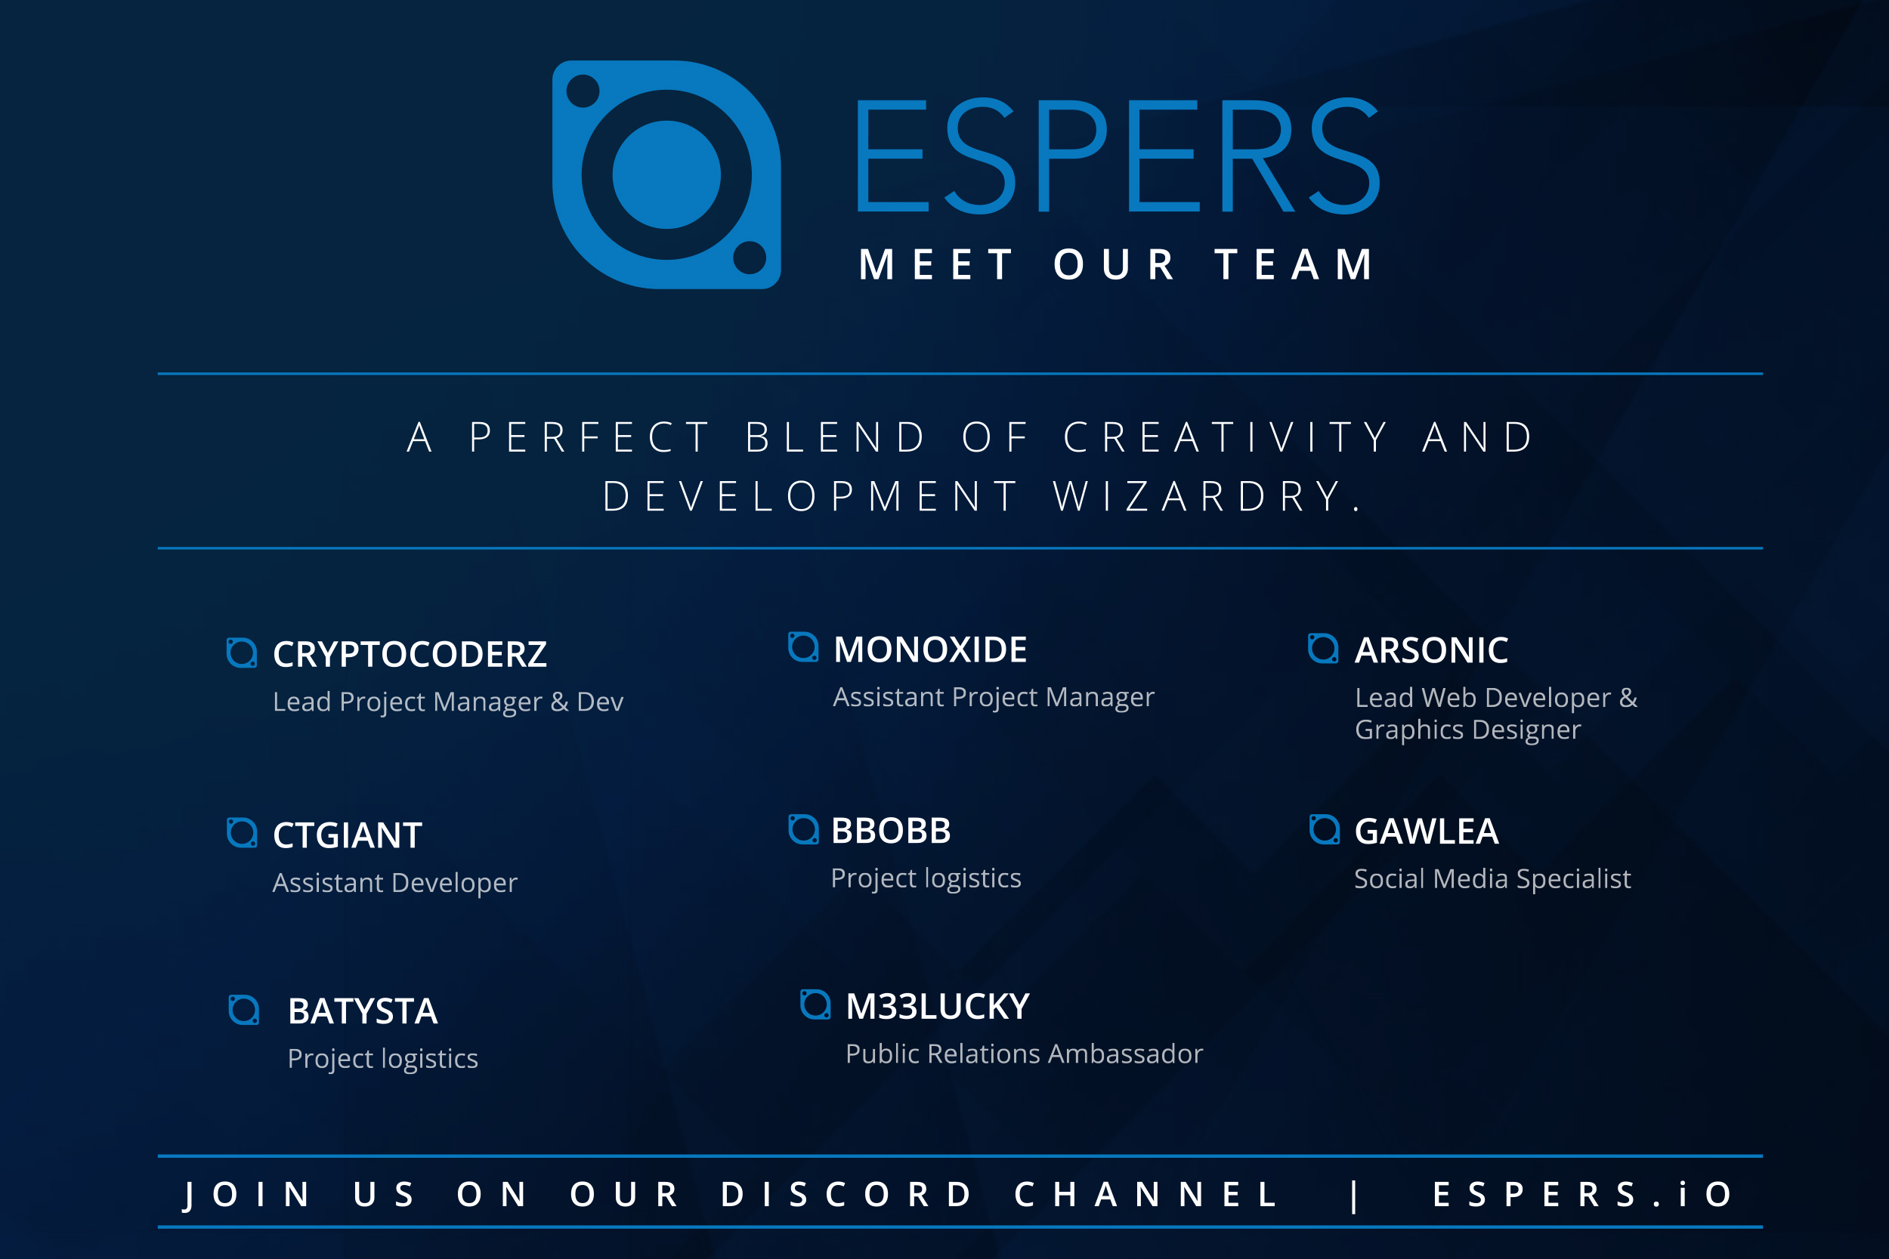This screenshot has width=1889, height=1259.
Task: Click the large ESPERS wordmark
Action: [x=1118, y=156]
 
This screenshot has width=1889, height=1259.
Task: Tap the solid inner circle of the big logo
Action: [x=666, y=174]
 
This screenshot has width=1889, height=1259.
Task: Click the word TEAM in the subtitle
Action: [x=1294, y=265]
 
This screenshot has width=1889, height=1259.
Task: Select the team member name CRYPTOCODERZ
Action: [x=410, y=654]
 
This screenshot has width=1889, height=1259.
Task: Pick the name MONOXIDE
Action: [x=930, y=650]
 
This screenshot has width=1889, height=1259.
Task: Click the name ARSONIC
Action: [x=1431, y=650]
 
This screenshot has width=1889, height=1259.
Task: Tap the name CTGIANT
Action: [x=347, y=835]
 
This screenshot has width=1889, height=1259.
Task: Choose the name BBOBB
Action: [x=891, y=830]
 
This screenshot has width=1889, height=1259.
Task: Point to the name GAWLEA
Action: [x=1427, y=831]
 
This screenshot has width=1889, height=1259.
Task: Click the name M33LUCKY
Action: [x=937, y=1006]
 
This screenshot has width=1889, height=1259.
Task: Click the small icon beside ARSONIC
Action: [x=1323, y=649]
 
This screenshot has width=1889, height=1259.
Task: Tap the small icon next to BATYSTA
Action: [x=243, y=1010]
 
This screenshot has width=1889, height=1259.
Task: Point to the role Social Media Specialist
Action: [x=1492, y=879]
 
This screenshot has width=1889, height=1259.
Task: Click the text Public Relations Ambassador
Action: [x=1024, y=1054]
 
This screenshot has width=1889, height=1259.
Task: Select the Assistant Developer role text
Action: [x=395, y=883]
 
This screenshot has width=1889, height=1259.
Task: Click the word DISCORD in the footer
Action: [x=846, y=1195]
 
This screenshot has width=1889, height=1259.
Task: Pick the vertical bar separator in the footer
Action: [x=1355, y=1196]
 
